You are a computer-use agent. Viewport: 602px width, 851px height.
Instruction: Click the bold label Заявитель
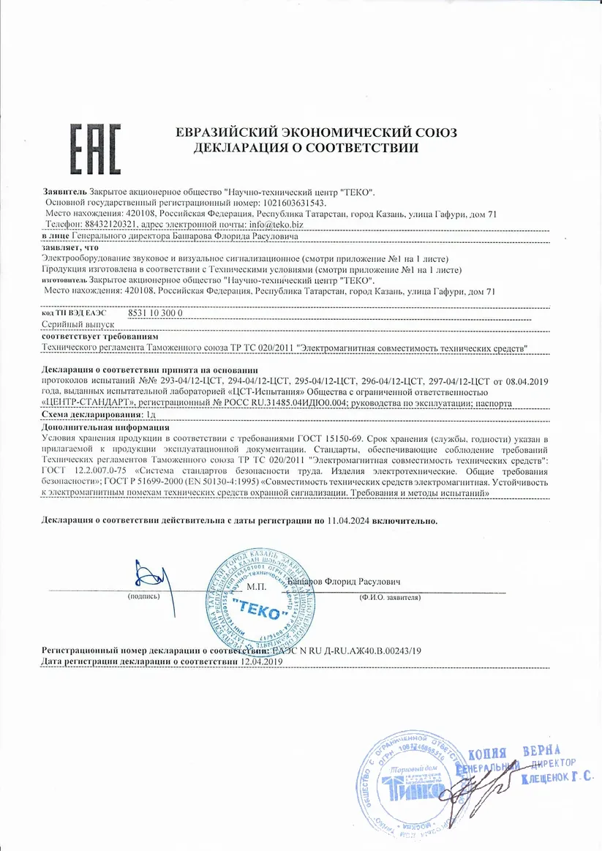click(65, 192)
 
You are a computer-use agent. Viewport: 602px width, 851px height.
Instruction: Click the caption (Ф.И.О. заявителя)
click(390, 598)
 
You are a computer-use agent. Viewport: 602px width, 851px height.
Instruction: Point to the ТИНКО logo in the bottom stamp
click(416, 789)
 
